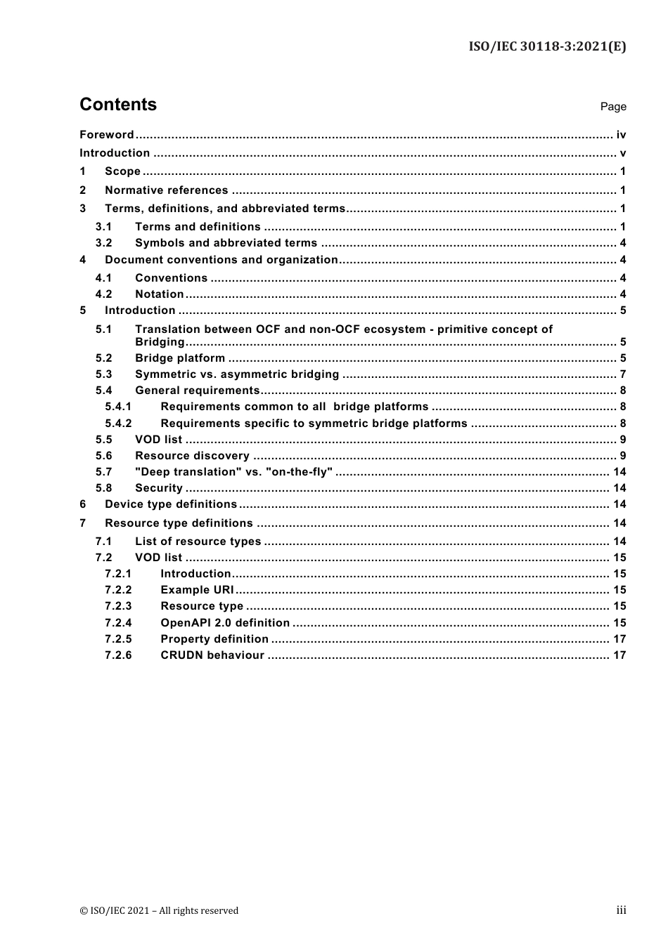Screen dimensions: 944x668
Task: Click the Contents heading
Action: pyautogui.click(x=118, y=105)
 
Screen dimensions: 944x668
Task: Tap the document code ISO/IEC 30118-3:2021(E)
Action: pyautogui.click(x=547, y=47)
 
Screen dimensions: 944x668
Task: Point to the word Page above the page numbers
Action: pyautogui.click(x=612, y=107)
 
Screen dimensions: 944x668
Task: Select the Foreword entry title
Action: pyautogui.click(x=106, y=135)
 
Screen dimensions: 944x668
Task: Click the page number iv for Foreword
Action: pyautogui.click(x=621, y=135)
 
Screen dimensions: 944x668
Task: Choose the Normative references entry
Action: pyautogui.click(x=166, y=190)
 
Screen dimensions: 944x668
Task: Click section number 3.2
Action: pyautogui.click(x=103, y=243)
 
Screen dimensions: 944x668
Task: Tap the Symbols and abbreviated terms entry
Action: pyautogui.click(x=226, y=243)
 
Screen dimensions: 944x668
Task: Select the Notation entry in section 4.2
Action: pyautogui.click(x=159, y=294)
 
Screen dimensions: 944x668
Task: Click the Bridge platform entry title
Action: pyautogui.click(x=180, y=358)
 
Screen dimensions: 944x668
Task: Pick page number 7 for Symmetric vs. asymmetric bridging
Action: pyautogui.click(x=623, y=374)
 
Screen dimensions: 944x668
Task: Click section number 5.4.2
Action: pyautogui.click(x=118, y=424)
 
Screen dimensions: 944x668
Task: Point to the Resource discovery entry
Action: pyautogui.click(x=192, y=456)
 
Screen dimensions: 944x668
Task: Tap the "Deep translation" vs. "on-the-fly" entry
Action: pyautogui.click(x=233, y=472)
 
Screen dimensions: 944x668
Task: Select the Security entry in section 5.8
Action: pyautogui.click(x=158, y=488)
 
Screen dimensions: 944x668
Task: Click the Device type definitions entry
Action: pyautogui.click(x=171, y=504)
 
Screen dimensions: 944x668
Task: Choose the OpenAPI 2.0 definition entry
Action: pyautogui.click(x=225, y=623)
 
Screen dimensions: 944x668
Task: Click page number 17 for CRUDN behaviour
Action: pyautogui.click(x=619, y=655)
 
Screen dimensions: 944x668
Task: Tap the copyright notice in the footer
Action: pyautogui.click(x=159, y=911)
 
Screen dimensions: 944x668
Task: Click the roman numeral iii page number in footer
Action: pyautogui.click(x=621, y=910)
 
